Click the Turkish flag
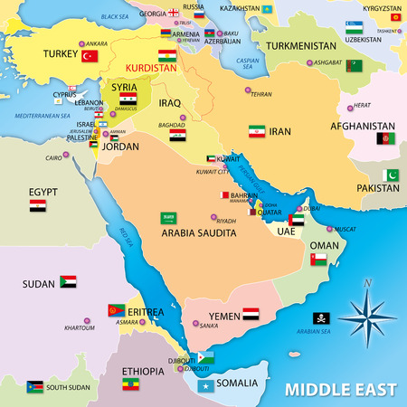pos(90,56)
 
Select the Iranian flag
pos(257,131)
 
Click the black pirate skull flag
pos(321,318)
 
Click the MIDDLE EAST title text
pos(340,391)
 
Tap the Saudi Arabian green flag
pos(167,218)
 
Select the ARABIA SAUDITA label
pos(199,232)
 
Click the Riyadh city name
pos(226,221)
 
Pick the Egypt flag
pos(37,206)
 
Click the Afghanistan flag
pos(385,140)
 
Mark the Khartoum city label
pos(80,327)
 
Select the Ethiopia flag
pos(131,384)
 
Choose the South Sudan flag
pos(35,386)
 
